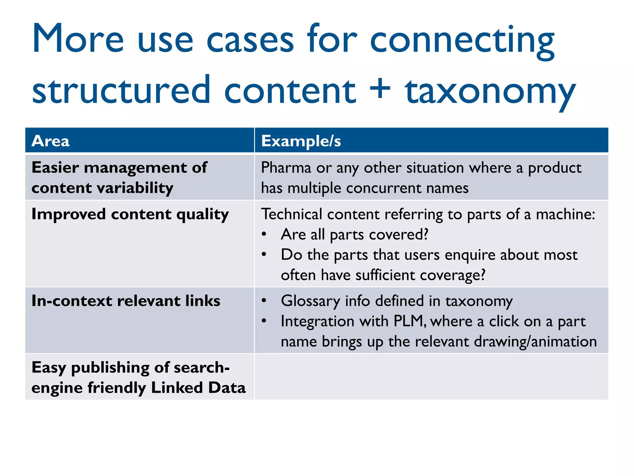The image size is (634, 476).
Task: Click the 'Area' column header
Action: pyautogui.click(x=50, y=141)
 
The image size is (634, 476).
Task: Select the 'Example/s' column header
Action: pyautogui.click(x=301, y=141)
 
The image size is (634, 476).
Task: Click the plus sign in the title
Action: pyautogui.click(x=380, y=89)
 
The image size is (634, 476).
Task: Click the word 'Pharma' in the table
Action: pyautogui.click(x=286, y=168)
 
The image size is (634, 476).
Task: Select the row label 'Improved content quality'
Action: pyautogui.click(x=130, y=214)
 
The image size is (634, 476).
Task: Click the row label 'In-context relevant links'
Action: pyautogui.click(x=126, y=301)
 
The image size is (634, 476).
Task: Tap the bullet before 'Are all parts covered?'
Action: pyautogui.click(x=264, y=235)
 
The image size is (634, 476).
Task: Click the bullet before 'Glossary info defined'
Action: pyautogui.click(x=264, y=301)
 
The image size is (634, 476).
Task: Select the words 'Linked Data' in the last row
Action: pyautogui.click(x=198, y=388)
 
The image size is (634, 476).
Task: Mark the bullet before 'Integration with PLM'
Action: pyautogui.click(x=264, y=321)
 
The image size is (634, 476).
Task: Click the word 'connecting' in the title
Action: pyautogui.click(x=462, y=40)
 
